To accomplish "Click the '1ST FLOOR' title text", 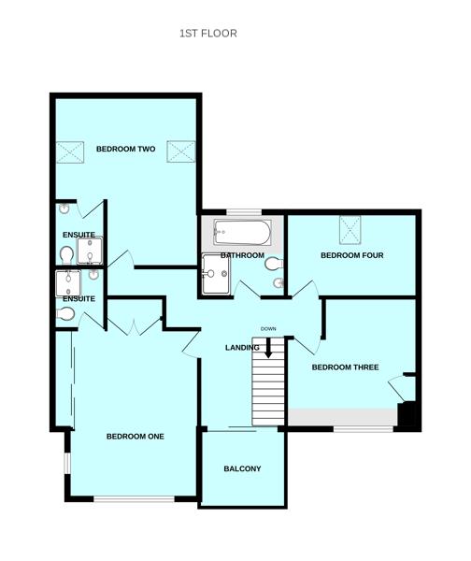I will click(x=207, y=34).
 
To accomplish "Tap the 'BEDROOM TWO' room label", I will click(x=125, y=149).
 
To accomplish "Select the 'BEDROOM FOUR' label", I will click(x=351, y=255).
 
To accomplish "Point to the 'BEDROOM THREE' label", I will click(x=345, y=367).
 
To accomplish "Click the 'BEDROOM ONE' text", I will click(x=135, y=437).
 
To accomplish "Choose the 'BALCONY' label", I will click(x=242, y=468).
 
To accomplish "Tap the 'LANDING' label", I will click(x=242, y=348).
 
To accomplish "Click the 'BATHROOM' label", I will click(x=242, y=255).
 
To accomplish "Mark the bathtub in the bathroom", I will click(x=242, y=231).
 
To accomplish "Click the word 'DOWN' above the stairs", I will click(x=268, y=329).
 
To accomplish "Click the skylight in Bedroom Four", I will click(x=351, y=227).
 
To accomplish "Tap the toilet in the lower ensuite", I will click(x=65, y=314).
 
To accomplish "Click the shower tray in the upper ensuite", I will click(x=90, y=252).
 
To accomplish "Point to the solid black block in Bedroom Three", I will click(x=407, y=414).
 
